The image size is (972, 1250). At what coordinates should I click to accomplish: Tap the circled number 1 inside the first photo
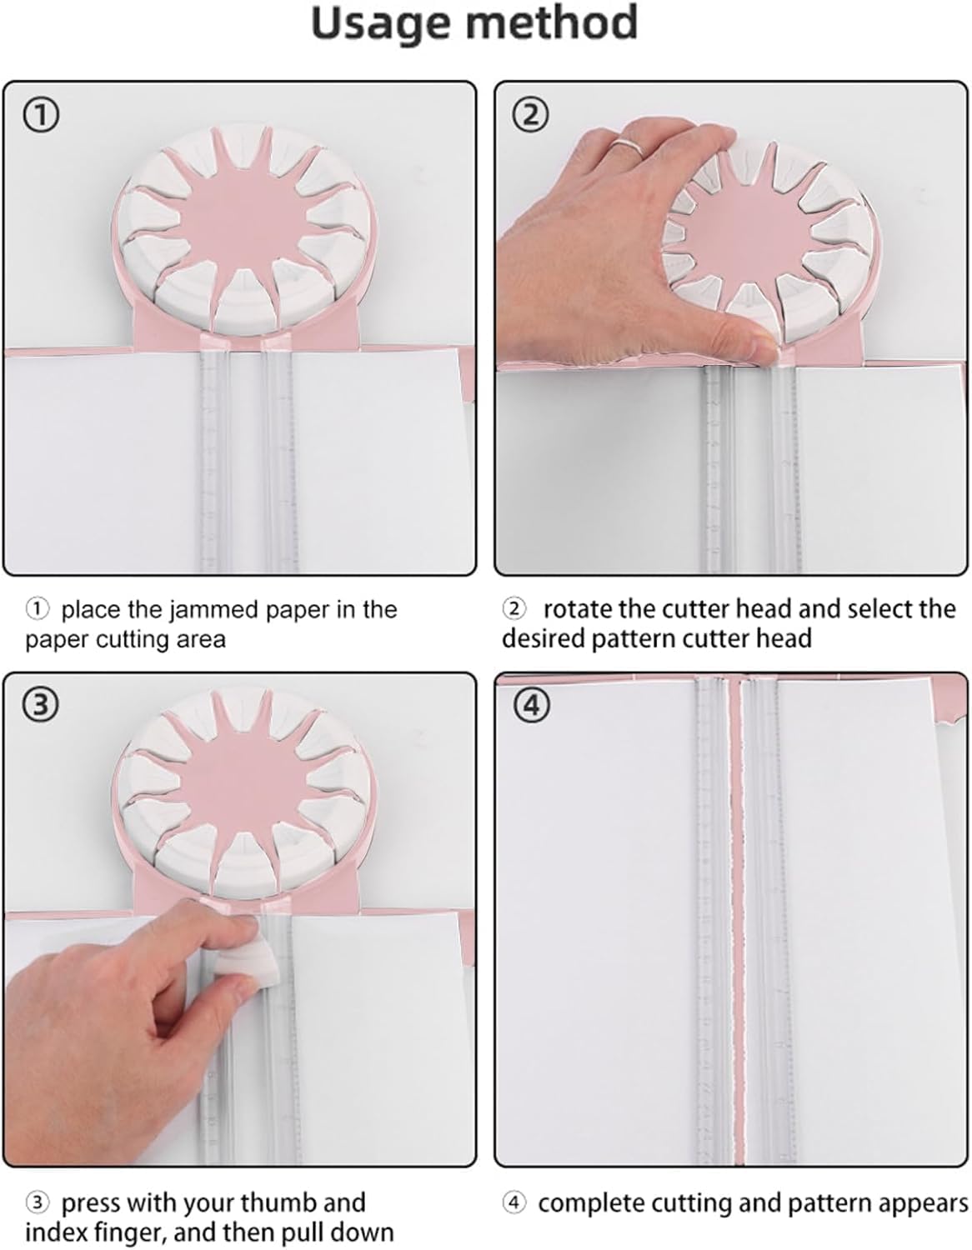pos(40,116)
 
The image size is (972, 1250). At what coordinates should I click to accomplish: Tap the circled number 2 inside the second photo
pos(530,116)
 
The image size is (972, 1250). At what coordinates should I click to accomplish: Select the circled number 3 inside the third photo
pos(40,705)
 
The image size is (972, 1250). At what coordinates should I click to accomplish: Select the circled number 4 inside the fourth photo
pos(530,704)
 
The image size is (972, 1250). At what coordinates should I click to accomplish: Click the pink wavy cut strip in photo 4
pos(735,920)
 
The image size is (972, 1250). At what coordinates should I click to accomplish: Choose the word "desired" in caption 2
pos(543,638)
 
